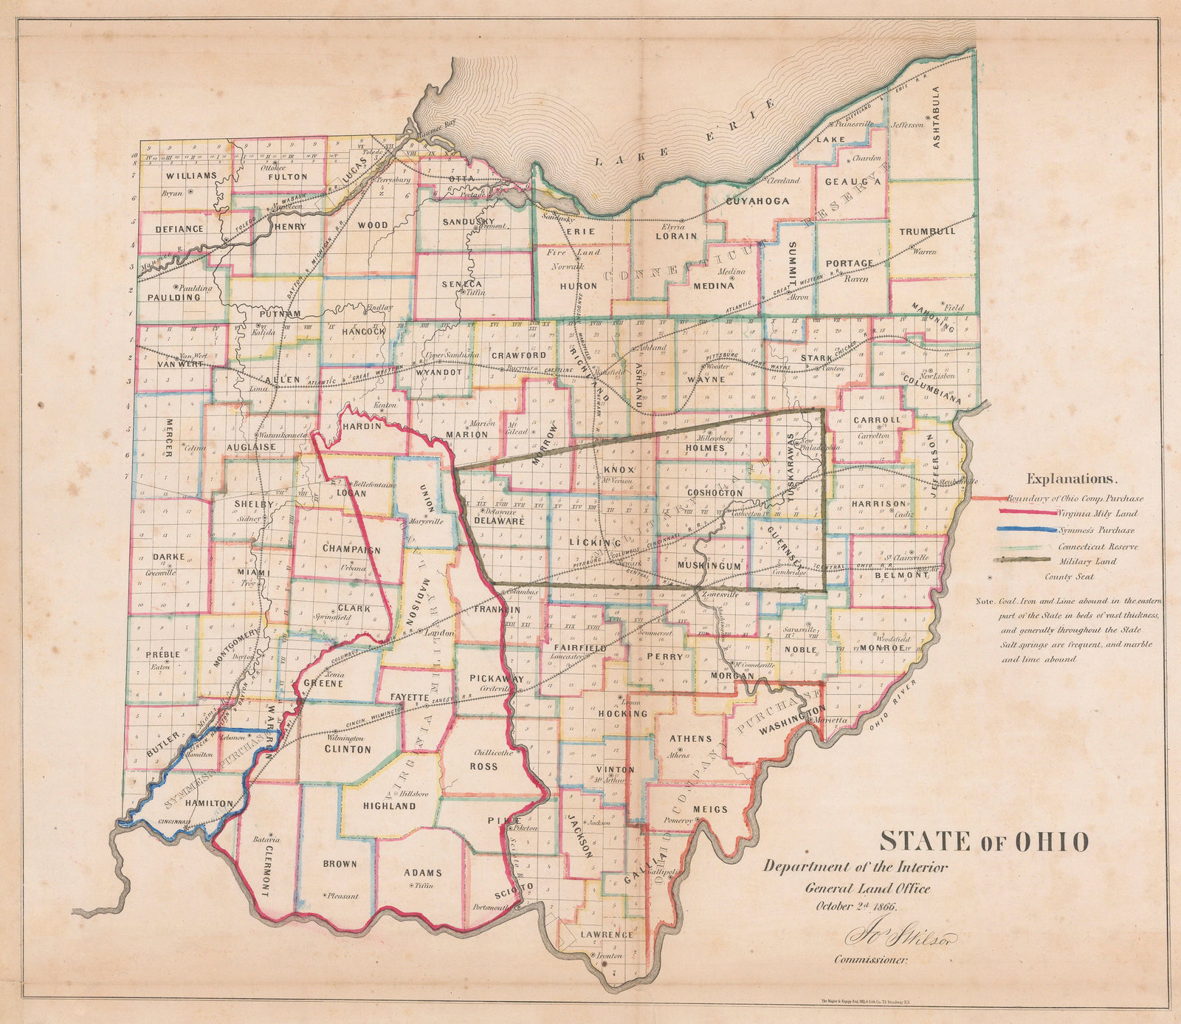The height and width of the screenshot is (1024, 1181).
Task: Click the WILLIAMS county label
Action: pyautogui.click(x=191, y=176)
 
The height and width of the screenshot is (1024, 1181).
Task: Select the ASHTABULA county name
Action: pyautogui.click(x=936, y=117)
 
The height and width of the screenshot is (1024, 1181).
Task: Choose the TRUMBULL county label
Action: pyautogui.click(x=927, y=231)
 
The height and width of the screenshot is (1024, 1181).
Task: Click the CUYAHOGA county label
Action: pyautogui.click(x=757, y=201)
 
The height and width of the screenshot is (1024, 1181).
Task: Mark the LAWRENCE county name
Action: pyautogui.click(x=607, y=935)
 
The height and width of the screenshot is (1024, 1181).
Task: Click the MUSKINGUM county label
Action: pyautogui.click(x=709, y=566)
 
